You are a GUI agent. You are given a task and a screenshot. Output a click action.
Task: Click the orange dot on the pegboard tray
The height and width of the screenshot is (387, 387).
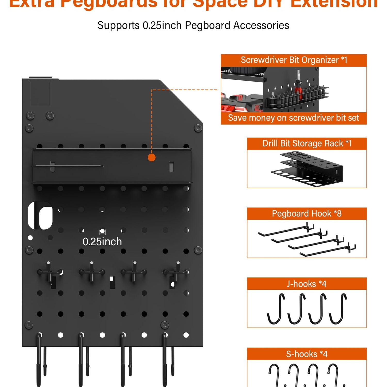(x=152, y=157)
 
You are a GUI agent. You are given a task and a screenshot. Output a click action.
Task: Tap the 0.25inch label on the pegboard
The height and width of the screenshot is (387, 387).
(x=102, y=242)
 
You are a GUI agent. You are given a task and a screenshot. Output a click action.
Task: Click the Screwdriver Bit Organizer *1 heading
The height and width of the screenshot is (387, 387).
(x=294, y=60)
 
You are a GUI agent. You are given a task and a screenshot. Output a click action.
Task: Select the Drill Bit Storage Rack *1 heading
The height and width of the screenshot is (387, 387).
(x=307, y=143)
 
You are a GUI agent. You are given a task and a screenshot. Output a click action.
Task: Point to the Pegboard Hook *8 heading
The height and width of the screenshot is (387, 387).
(x=307, y=214)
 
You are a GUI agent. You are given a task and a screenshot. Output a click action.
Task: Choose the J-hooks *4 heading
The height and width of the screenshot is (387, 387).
(x=307, y=284)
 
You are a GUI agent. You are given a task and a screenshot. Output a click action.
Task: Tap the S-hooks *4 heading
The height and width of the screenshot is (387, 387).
(x=307, y=354)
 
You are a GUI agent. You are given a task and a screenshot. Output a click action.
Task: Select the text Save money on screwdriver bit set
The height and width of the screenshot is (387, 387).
(x=294, y=118)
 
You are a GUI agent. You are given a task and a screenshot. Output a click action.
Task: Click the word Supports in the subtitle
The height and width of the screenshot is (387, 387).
(x=118, y=26)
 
